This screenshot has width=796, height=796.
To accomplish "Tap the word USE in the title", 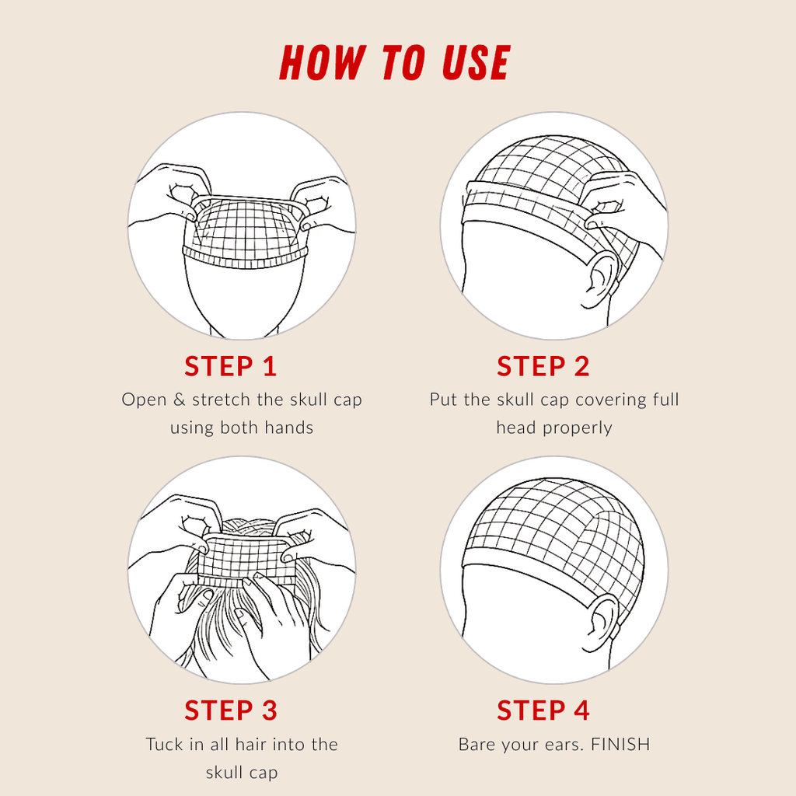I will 476,64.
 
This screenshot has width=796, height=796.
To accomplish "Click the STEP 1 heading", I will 231,366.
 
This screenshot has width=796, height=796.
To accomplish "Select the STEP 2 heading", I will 543,366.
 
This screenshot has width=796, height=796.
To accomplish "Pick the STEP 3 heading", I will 231,710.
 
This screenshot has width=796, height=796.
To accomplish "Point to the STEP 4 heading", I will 543,710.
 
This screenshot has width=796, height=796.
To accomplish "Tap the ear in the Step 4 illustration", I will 600,622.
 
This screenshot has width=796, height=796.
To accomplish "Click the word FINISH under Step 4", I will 620,745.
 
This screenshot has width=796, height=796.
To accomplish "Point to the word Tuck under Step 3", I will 164,745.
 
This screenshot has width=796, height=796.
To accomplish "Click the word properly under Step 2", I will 578,428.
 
